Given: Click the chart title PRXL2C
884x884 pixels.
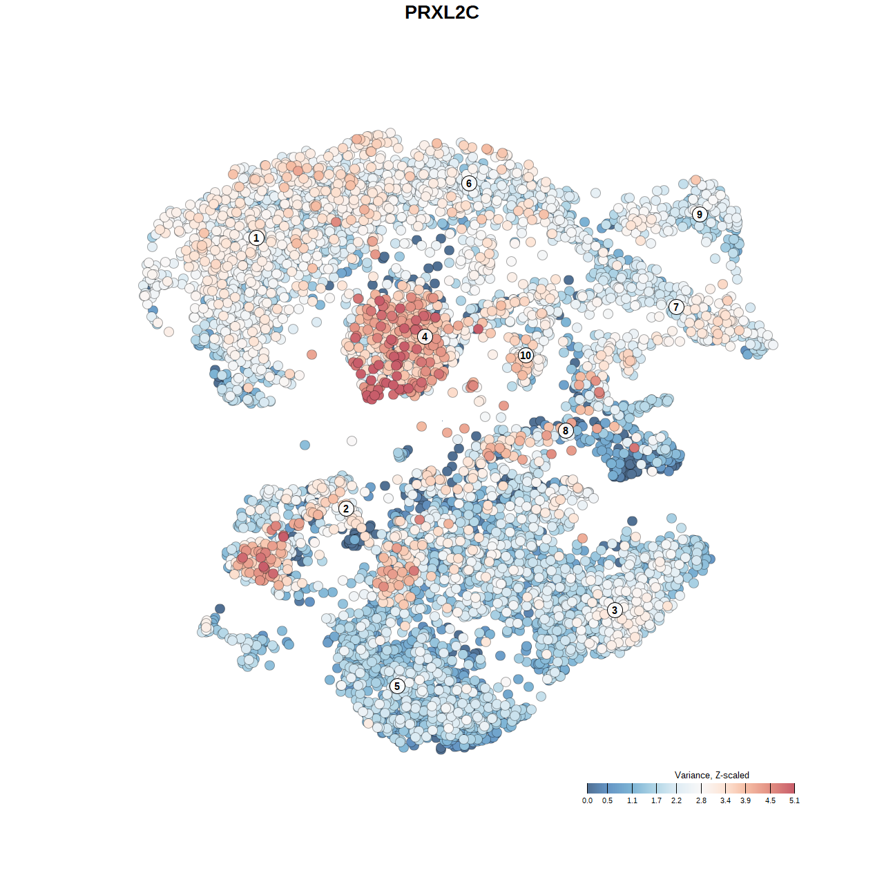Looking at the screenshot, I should (x=441, y=12).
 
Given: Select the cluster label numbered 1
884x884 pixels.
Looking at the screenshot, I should (x=256, y=238).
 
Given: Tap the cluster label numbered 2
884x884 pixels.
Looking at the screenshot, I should (x=346, y=509).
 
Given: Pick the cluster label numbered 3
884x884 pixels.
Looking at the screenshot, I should (x=615, y=610).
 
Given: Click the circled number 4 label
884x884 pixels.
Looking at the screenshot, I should (x=425, y=337).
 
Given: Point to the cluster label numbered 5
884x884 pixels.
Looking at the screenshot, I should (x=397, y=686).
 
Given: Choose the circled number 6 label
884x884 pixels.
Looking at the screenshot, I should (x=469, y=183).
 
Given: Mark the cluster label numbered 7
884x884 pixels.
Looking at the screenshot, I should (x=676, y=307).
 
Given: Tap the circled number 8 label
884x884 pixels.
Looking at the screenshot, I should (x=566, y=431).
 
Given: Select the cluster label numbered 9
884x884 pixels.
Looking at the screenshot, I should (x=700, y=214).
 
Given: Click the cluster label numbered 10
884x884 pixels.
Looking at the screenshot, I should (x=526, y=356).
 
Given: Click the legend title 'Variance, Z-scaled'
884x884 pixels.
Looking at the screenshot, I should (x=711, y=776).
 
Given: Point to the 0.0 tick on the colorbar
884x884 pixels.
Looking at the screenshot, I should (x=587, y=800).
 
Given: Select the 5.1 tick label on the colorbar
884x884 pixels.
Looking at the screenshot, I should (x=794, y=800).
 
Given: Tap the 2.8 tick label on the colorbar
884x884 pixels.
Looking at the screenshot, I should (x=701, y=800).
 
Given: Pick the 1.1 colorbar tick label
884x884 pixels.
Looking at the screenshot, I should (x=632, y=800).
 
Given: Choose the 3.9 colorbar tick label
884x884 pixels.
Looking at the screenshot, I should (x=745, y=800).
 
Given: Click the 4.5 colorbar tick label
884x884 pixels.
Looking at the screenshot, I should (x=770, y=800).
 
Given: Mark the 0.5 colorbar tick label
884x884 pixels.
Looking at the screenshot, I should (x=607, y=800).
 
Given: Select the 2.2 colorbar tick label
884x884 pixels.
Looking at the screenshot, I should (x=676, y=800).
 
